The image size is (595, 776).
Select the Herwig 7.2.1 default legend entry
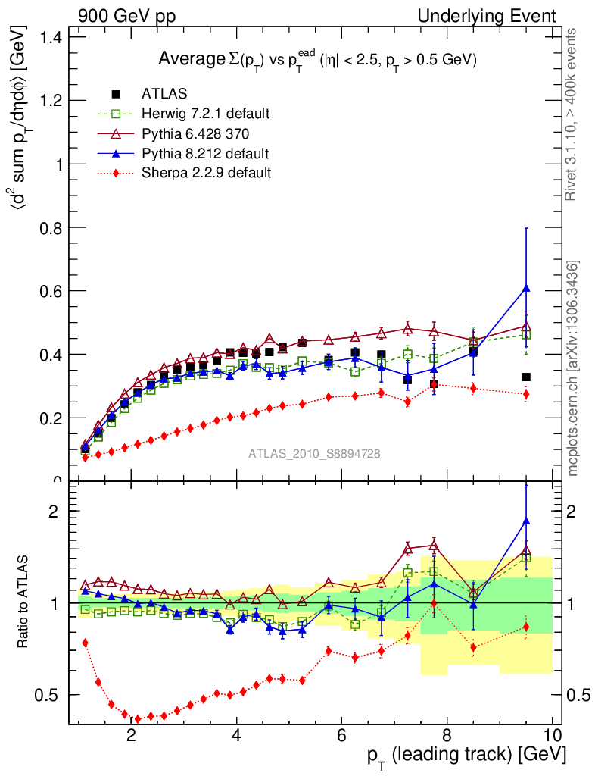click(x=205, y=114)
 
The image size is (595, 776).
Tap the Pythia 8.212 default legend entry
click(x=204, y=153)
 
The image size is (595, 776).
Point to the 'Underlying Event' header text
click(x=486, y=16)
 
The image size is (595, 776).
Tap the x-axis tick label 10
click(x=552, y=734)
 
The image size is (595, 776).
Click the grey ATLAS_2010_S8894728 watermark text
click(x=314, y=454)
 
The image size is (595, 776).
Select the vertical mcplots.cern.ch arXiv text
click(x=574, y=368)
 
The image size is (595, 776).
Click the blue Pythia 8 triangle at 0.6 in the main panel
click(x=526, y=288)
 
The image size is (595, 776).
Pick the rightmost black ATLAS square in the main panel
click(x=526, y=377)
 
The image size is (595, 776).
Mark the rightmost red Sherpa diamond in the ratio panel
click(x=526, y=627)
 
